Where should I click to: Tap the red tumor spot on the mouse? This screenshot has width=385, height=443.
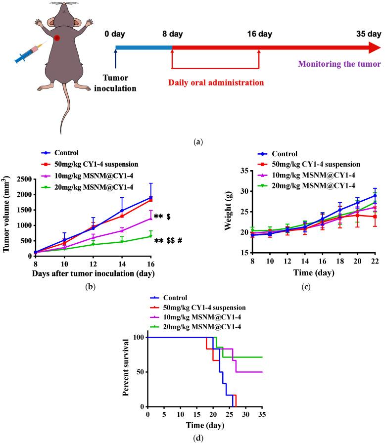58,38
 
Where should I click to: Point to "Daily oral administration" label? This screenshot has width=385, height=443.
215,82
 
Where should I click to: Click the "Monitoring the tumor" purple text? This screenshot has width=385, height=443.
338,64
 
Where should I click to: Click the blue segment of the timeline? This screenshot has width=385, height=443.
144,48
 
